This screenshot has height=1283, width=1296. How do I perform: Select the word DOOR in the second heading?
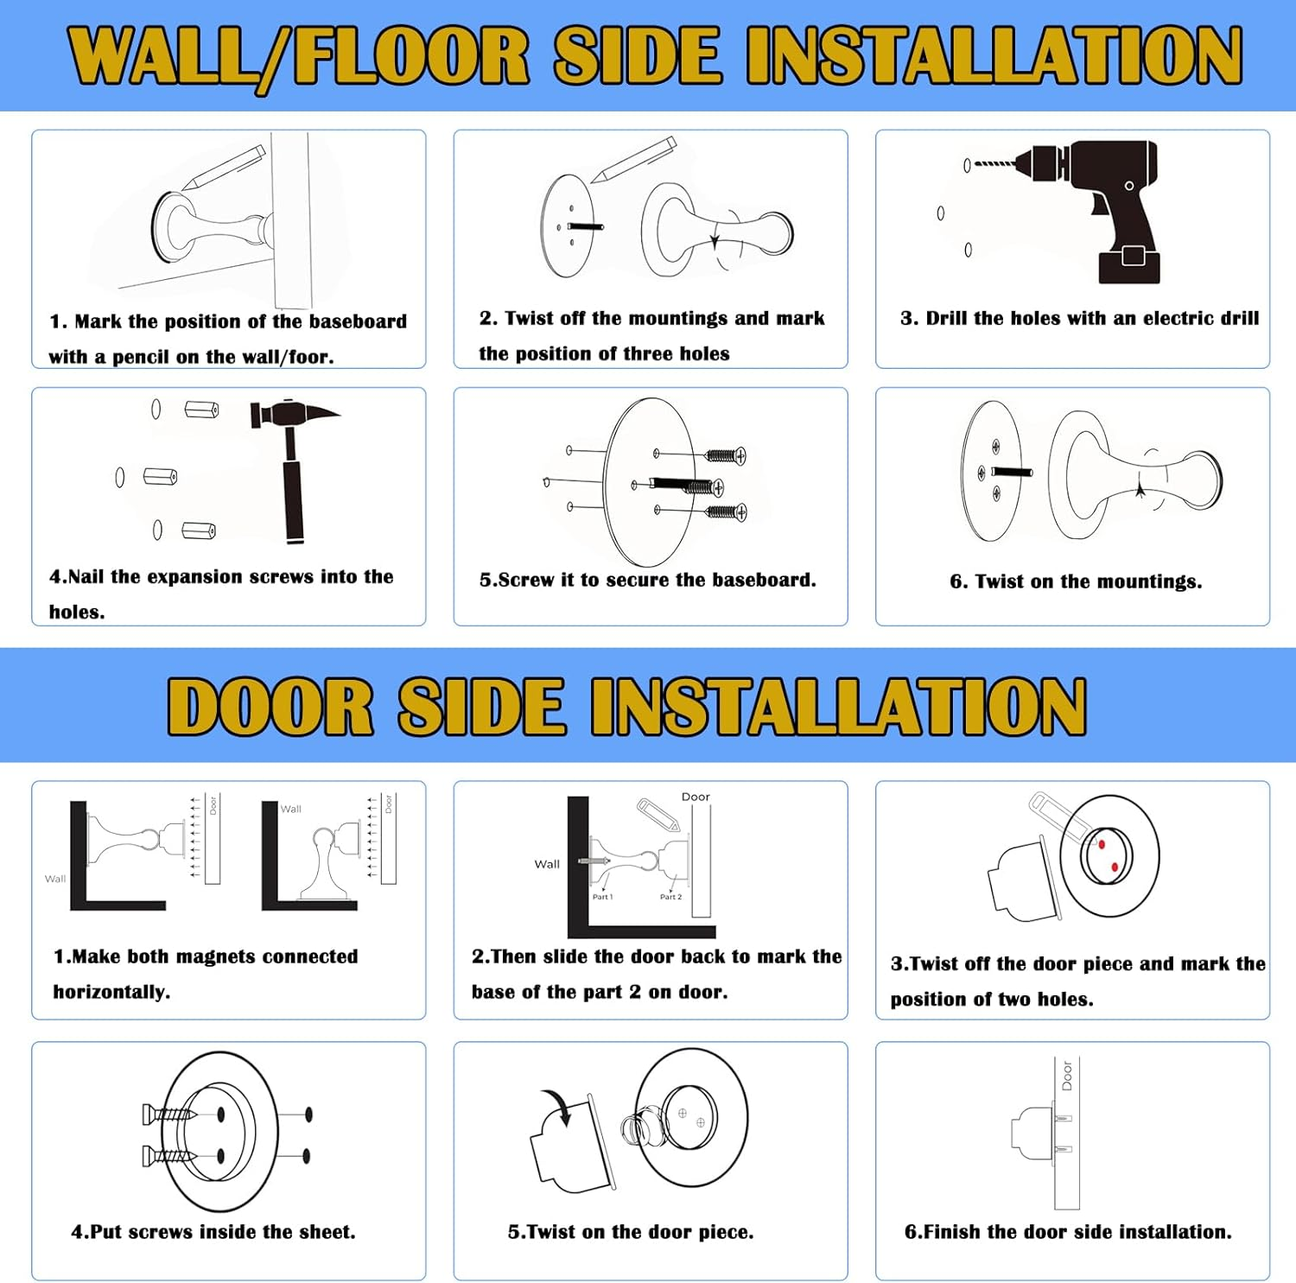pyautogui.click(x=270, y=706)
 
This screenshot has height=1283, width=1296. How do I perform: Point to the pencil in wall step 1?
pyautogui.click(x=223, y=168)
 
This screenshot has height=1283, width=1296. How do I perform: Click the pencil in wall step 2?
pyautogui.click(x=633, y=159)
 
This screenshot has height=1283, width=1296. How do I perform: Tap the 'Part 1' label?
pyautogui.click(x=602, y=897)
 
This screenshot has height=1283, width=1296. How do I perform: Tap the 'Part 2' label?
pyautogui.click(x=670, y=897)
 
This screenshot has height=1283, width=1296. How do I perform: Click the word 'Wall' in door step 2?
pyautogui.click(x=547, y=864)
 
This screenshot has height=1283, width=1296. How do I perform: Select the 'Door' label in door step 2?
pyautogui.click(x=696, y=797)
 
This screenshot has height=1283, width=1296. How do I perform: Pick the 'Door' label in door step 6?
pyautogui.click(x=1067, y=1076)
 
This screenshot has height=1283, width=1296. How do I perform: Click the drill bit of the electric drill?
pyautogui.click(x=995, y=162)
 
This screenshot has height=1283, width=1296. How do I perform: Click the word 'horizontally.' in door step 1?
pyautogui.click(x=111, y=992)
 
